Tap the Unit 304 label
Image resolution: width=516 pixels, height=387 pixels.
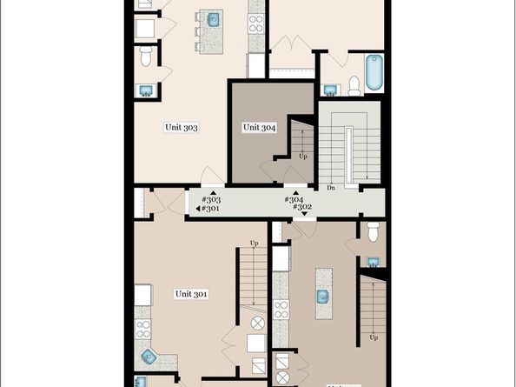pos(259,127)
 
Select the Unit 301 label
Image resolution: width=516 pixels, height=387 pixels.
pos(191,294)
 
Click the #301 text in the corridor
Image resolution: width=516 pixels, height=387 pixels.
pos(211,209)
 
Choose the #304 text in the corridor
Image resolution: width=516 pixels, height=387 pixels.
pos(294,199)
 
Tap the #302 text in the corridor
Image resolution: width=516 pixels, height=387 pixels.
pos(301,208)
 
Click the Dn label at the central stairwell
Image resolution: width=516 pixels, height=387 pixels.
pos(331,187)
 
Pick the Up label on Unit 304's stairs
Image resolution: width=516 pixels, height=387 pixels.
pos(302,157)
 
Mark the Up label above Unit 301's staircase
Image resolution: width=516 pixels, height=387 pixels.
pos(254,243)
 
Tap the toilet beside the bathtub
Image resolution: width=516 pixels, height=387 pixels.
pos(354,85)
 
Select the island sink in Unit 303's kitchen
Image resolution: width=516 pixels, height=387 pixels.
pos(213,19)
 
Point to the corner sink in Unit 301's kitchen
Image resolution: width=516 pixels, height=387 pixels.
pos(149,356)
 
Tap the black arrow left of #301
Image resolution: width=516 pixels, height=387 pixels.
pos(197,209)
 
